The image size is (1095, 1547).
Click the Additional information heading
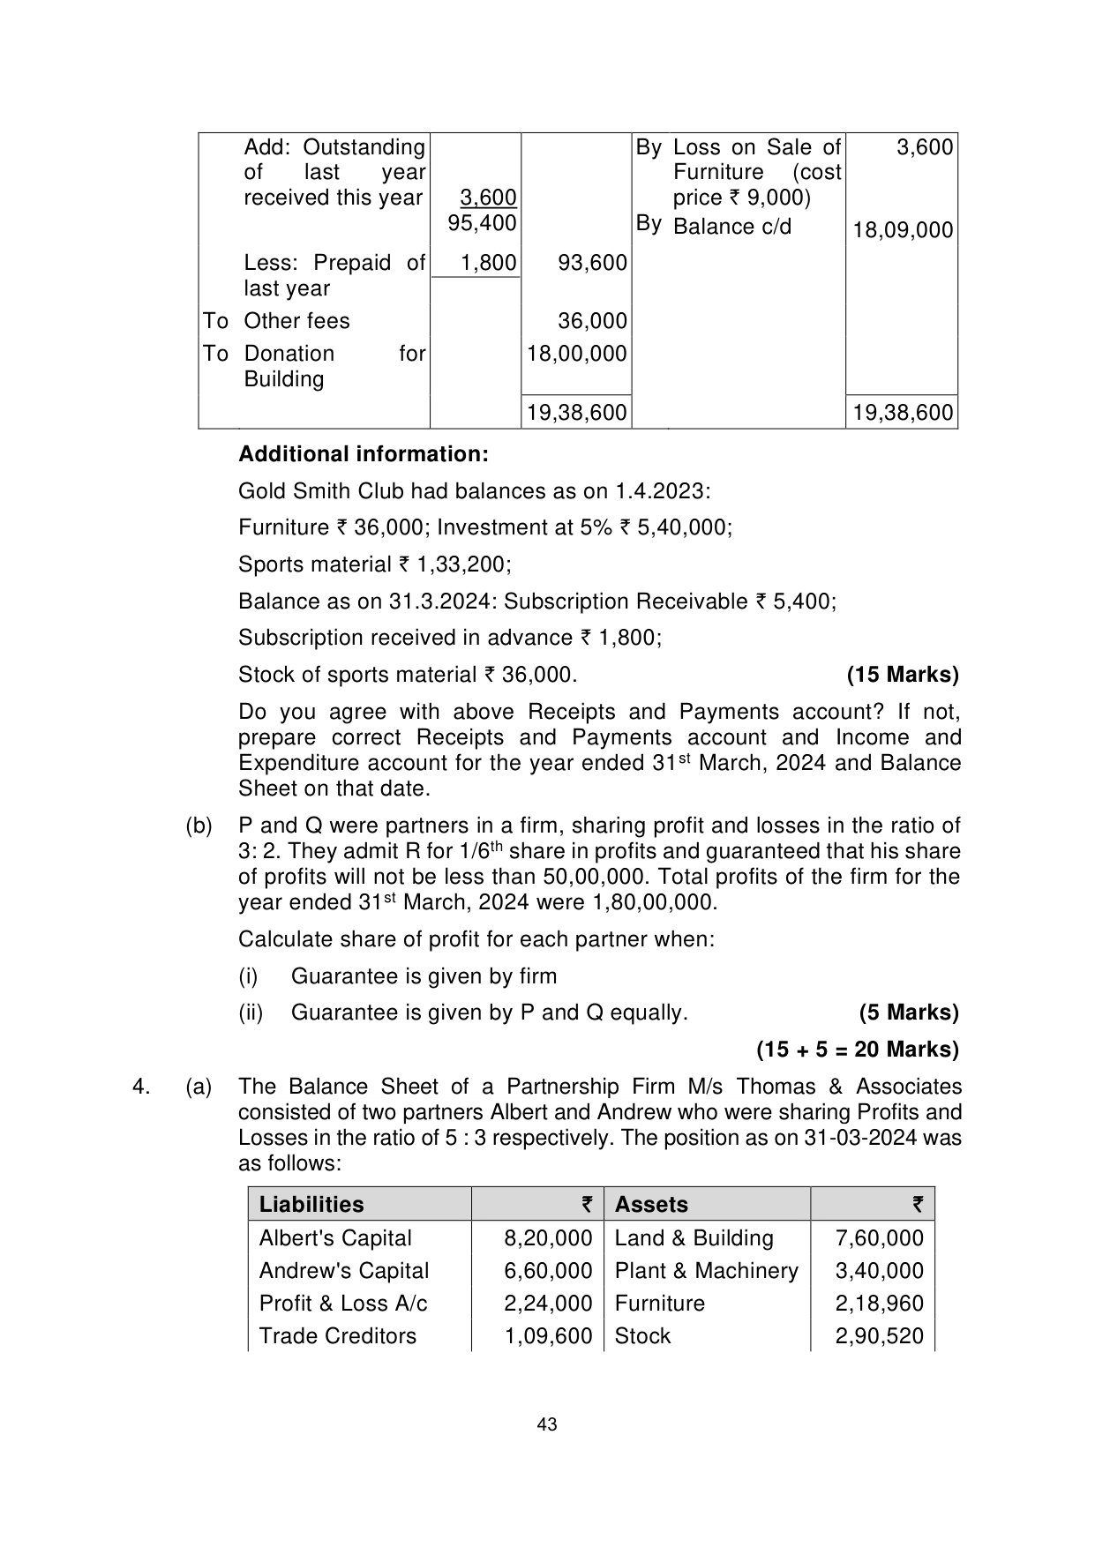coord(363,454)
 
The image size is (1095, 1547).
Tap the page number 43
coord(547,1424)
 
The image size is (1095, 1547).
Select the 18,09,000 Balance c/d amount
coord(903,230)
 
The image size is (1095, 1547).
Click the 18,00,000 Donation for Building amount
coord(577,354)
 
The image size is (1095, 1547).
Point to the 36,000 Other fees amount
coord(592,321)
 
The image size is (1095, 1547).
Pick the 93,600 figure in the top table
coord(592,263)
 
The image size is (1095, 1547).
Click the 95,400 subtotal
coord(482,223)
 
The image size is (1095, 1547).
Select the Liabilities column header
coord(311,1205)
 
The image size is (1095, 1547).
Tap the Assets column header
coord(651,1205)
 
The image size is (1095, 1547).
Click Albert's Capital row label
coord(335,1238)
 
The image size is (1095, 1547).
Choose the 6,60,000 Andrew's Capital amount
coord(548,1271)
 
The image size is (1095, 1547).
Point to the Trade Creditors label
coord(337,1336)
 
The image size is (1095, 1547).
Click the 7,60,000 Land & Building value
coord(879,1238)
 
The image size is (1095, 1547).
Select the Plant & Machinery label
coord(706,1271)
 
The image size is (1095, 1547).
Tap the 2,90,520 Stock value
coord(879,1336)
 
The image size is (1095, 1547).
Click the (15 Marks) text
coord(902,675)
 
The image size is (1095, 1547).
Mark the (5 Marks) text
coord(908,1013)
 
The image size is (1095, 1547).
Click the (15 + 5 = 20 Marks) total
coord(857,1050)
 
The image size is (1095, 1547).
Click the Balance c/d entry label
coord(731,227)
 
